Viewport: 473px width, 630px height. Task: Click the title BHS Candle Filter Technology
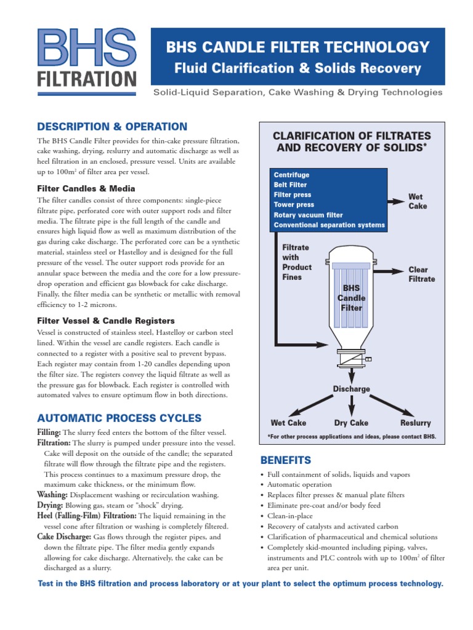(x=297, y=47)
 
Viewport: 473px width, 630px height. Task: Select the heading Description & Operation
(x=112, y=127)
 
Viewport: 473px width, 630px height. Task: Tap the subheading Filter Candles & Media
(x=86, y=188)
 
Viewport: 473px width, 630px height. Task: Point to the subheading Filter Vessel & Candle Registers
(x=106, y=321)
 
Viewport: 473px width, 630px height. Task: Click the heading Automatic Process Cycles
(x=119, y=417)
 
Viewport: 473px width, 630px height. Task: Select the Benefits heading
(x=286, y=460)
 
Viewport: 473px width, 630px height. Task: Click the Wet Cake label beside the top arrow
(x=416, y=201)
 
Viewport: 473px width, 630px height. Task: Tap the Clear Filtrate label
(x=421, y=274)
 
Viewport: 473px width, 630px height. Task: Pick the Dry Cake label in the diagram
(x=351, y=423)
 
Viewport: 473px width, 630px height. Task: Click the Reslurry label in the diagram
(x=415, y=423)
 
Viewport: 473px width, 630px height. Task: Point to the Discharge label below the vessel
(x=351, y=389)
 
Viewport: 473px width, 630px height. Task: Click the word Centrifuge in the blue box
(x=291, y=175)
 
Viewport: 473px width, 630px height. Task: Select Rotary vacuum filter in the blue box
(x=311, y=215)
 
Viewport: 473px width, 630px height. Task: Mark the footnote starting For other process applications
(x=352, y=437)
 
